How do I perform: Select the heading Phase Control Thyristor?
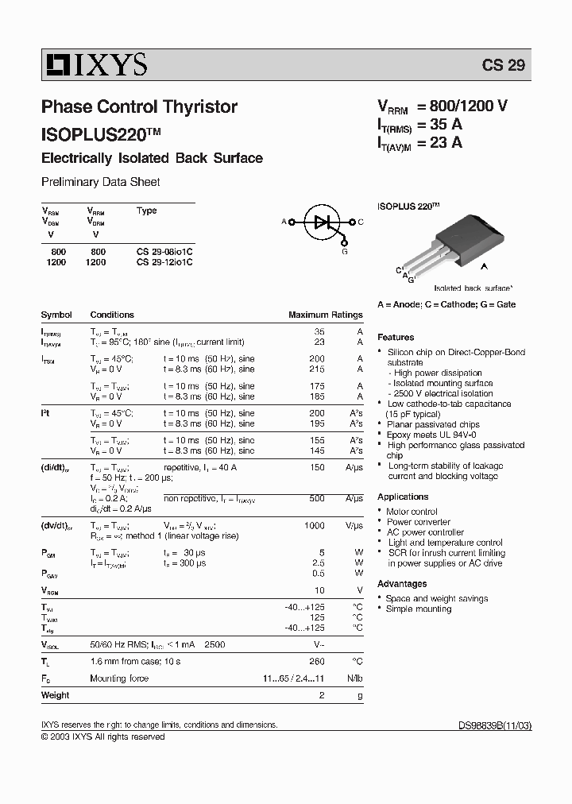pyautogui.click(x=139, y=106)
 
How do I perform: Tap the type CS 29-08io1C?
pyautogui.click(x=164, y=251)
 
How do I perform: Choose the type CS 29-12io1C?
pyautogui.click(x=164, y=261)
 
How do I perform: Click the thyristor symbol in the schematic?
pyautogui.click(x=323, y=222)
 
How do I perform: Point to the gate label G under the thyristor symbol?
pyautogui.click(x=345, y=251)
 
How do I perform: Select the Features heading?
pyautogui.click(x=396, y=338)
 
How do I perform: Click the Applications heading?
pyautogui.click(x=403, y=497)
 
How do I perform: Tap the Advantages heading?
pyautogui.click(x=402, y=584)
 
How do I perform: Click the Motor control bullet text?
pyautogui.click(x=412, y=512)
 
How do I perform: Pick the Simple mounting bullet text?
pyautogui.click(x=418, y=609)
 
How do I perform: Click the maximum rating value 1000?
pyautogui.click(x=315, y=526)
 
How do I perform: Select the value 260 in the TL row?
pyautogui.click(x=317, y=661)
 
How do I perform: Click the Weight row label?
pyautogui.click(x=55, y=695)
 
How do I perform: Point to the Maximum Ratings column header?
pyautogui.click(x=325, y=315)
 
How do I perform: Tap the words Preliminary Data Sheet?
pyautogui.click(x=100, y=182)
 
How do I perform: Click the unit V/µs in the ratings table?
pyautogui.click(x=354, y=526)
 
